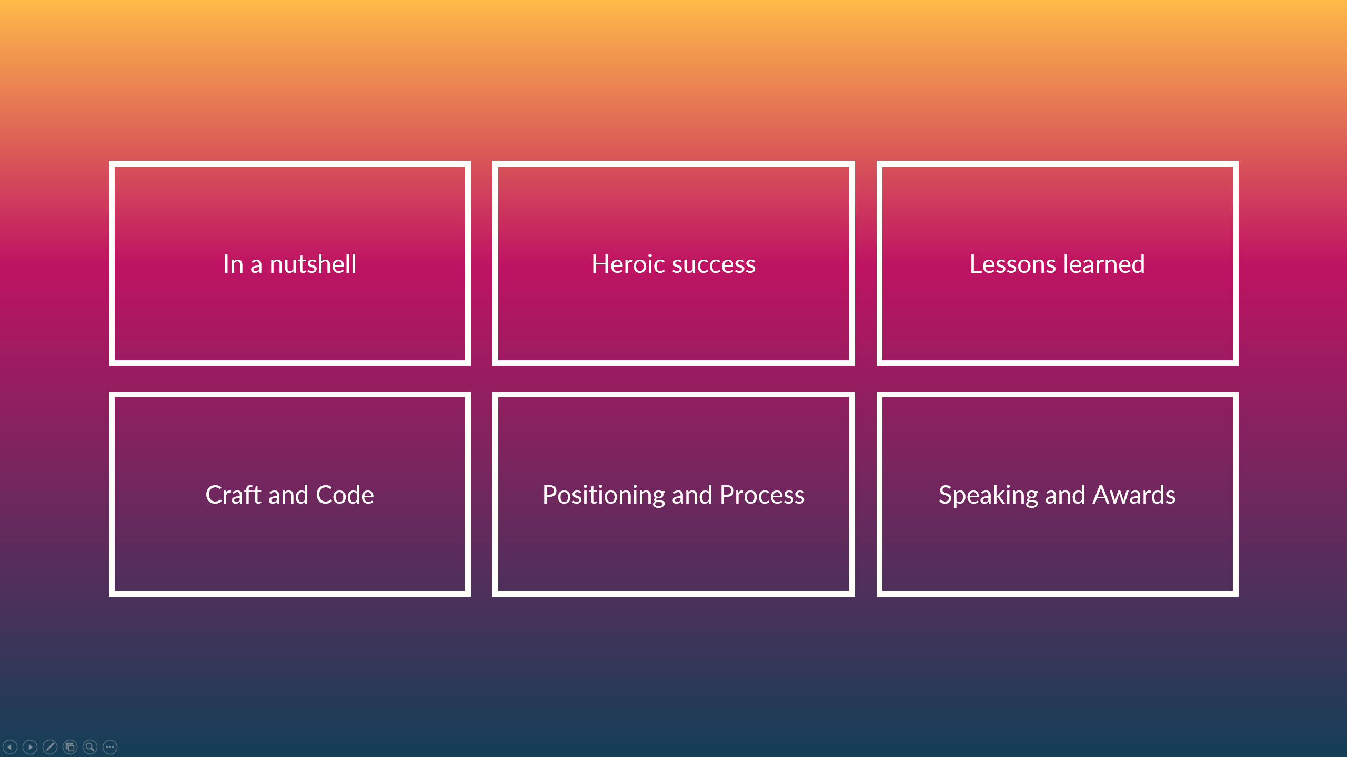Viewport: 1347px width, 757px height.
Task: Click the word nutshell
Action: (x=313, y=264)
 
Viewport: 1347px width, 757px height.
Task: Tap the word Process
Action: (x=762, y=495)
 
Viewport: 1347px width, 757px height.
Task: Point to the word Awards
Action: (x=1134, y=495)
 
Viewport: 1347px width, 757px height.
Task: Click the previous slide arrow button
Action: (x=10, y=746)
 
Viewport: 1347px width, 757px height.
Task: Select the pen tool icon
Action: (x=50, y=746)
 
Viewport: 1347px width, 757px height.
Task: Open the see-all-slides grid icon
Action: (x=70, y=746)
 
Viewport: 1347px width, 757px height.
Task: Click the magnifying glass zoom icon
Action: (x=90, y=746)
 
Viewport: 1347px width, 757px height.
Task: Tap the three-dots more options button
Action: (x=110, y=746)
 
